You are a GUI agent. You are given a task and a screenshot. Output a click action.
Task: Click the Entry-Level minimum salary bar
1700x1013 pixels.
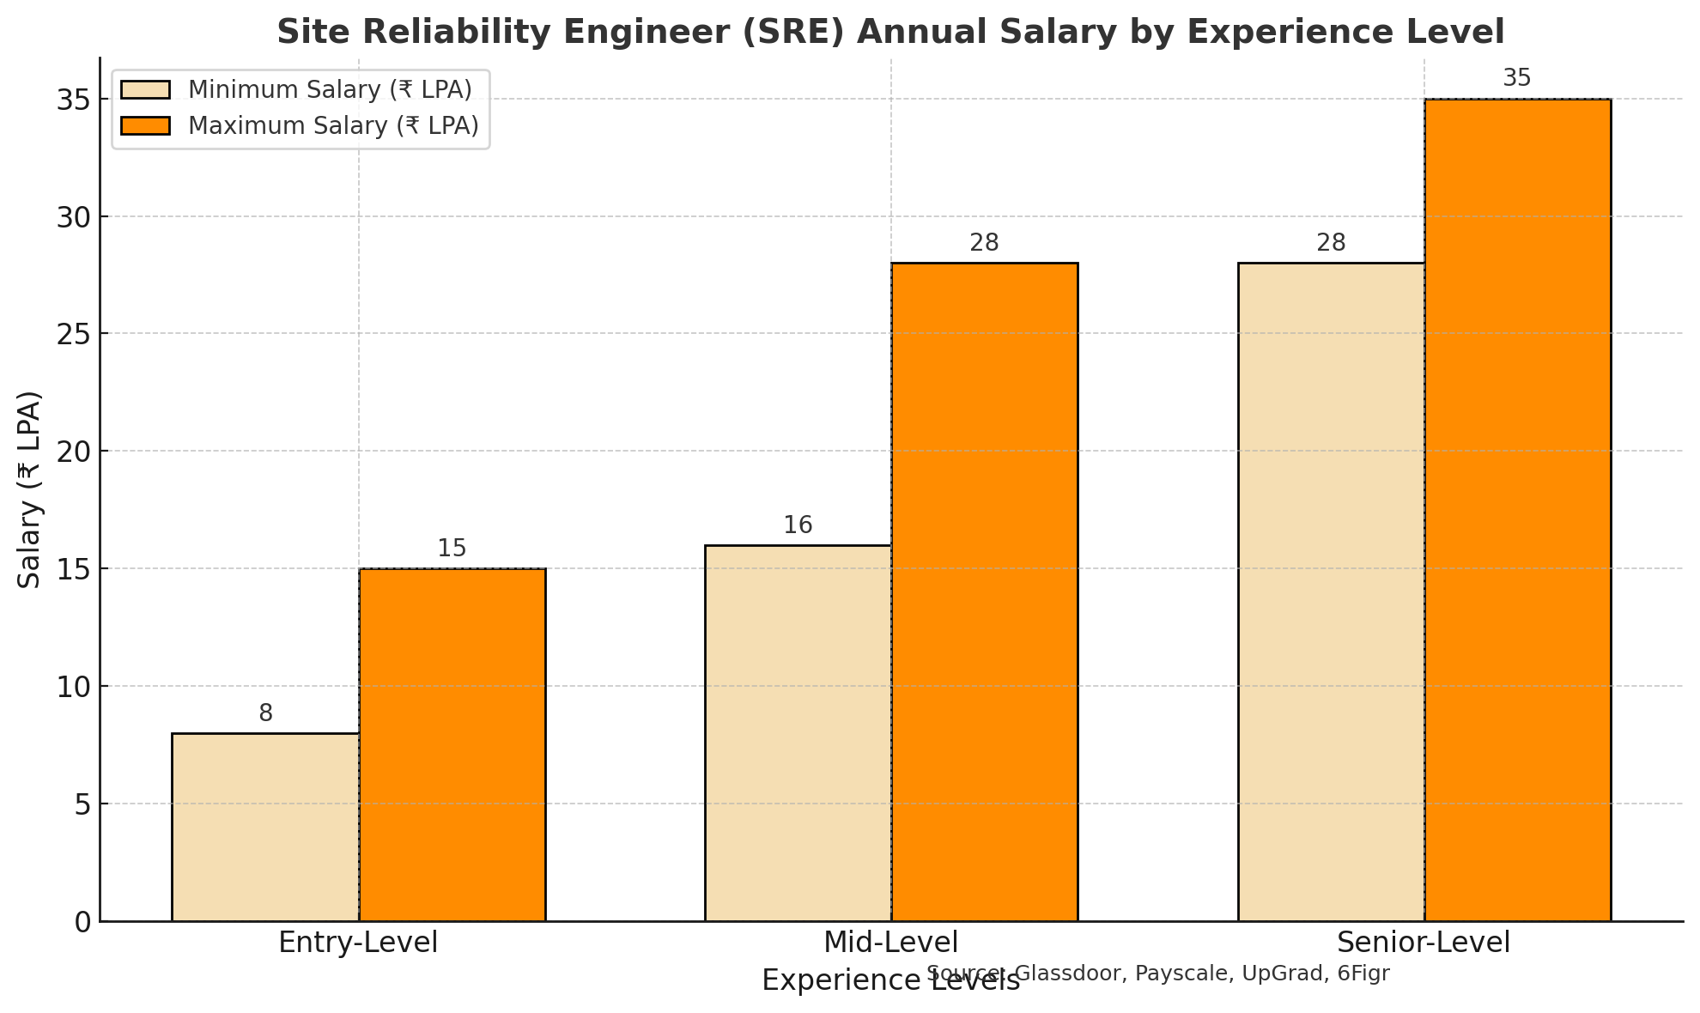[x=265, y=827]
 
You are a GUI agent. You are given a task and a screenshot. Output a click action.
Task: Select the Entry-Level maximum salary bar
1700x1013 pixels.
[x=452, y=744]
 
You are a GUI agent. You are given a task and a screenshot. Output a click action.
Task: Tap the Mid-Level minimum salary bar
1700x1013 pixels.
[x=798, y=732]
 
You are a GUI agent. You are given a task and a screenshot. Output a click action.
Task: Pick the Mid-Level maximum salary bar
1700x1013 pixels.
[x=985, y=591]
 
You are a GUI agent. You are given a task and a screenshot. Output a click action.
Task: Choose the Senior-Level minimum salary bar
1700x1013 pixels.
[x=1331, y=591]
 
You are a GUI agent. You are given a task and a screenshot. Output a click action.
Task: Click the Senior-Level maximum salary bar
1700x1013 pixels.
[x=1518, y=509]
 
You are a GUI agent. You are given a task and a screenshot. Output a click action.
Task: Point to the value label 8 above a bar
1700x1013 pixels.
[x=265, y=713]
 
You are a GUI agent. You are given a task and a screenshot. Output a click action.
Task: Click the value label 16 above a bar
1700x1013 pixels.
[x=798, y=525]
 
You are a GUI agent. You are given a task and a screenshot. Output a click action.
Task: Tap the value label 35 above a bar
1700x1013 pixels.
[x=1517, y=79]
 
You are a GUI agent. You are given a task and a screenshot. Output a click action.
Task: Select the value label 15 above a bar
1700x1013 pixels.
[x=452, y=549]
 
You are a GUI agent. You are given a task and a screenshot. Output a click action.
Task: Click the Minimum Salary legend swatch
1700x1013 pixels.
[x=146, y=90]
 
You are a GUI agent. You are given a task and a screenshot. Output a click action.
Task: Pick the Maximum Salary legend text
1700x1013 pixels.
[x=333, y=126]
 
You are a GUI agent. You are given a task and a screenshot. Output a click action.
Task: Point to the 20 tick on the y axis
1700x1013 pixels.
[x=75, y=452]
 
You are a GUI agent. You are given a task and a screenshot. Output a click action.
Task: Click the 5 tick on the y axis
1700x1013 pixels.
[x=82, y=804]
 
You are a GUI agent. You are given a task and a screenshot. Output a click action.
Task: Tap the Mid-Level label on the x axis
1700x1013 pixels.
[x=890, y=943]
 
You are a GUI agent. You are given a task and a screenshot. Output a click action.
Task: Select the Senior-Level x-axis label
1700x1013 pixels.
[x=1424, y=943]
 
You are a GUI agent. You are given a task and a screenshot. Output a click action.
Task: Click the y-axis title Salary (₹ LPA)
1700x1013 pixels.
[x=30, y=489]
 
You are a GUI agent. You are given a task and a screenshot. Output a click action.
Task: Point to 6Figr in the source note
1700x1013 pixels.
[x=1363, y=974]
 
